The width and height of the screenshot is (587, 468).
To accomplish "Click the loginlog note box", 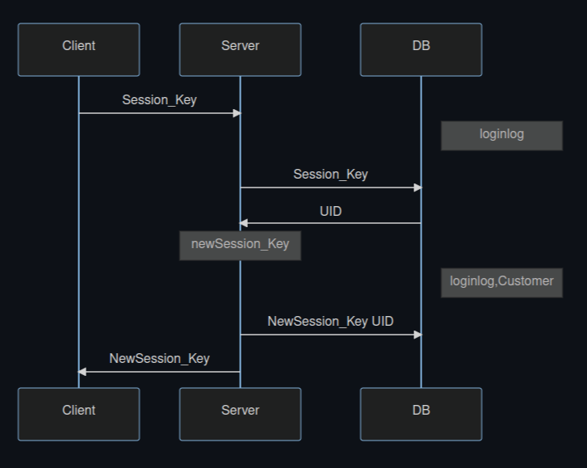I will (x=501, y=135).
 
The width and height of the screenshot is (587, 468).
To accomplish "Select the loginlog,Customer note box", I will (x=501, y=282).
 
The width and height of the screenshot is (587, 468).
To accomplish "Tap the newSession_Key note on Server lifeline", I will (x=240, y=245).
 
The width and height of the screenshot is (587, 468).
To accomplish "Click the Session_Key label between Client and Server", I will (x=159, y=100).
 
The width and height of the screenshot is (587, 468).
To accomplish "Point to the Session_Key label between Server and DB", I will (x=330, y=175).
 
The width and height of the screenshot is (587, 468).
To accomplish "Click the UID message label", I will (x=330, y=212).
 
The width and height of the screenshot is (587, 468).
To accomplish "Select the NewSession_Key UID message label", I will (x=330, y=322).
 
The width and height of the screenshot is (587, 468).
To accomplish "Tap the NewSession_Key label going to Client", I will (x=159, y=359).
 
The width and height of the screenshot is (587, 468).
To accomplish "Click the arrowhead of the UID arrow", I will (x=244, y=223).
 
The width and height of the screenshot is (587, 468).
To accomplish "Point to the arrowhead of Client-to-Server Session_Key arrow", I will (x=237, y=113).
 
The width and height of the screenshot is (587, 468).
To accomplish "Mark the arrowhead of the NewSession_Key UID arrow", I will (x=417, y=335).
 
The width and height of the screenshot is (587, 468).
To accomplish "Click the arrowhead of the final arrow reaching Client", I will (x=82, y=372).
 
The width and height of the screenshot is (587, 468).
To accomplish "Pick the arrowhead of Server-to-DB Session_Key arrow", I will (x=417, y=188).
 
